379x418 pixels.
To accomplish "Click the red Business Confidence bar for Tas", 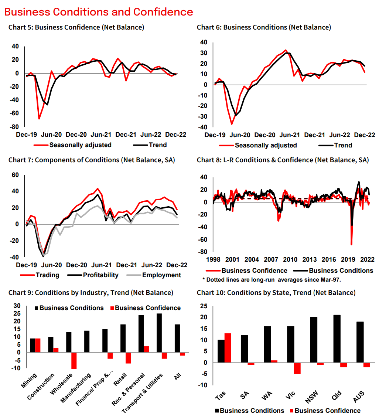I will (228, 348).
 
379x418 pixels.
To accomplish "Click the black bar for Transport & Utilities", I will (159, 333).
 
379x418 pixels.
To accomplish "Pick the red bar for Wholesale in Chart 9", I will (74, 360).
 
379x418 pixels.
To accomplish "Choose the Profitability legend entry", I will (100, 275).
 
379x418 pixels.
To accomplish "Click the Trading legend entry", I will (47, 275).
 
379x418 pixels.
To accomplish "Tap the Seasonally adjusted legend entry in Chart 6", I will (266, 145).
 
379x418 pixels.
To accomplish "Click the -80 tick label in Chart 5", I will (14, 126).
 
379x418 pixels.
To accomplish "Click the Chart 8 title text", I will (283, 160).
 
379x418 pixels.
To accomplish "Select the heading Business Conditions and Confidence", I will (99, 12).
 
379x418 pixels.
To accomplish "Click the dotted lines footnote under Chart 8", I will (271, 279).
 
